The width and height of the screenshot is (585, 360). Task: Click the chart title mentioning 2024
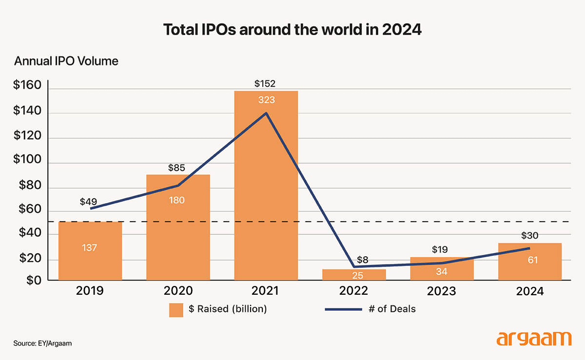click(292, 30)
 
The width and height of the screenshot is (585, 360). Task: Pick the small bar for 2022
click(354, 275)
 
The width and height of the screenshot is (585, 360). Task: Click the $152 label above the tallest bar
click(266, 84)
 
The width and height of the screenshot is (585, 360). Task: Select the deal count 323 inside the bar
click(266, 100)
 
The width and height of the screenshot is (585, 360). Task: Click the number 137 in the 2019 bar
click(90, 247)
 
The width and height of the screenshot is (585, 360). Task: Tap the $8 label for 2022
click(362, 260)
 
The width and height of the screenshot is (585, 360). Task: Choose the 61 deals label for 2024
click(532, 260)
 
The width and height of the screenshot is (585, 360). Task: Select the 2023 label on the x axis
click(442, 291)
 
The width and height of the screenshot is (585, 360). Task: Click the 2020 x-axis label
click(178, 291)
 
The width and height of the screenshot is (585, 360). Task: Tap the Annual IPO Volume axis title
click(66, 61)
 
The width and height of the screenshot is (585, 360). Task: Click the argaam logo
click(534, 339)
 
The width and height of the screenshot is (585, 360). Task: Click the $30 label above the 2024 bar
click(529, 236)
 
